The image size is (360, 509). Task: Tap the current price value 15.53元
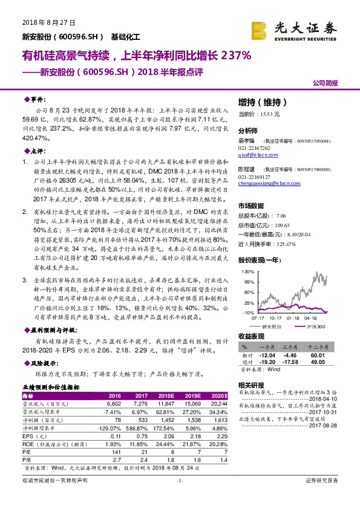pyautogui.click(x=267, y=114)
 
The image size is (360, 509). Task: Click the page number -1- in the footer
pyautogui.click(x=179, y=497)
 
